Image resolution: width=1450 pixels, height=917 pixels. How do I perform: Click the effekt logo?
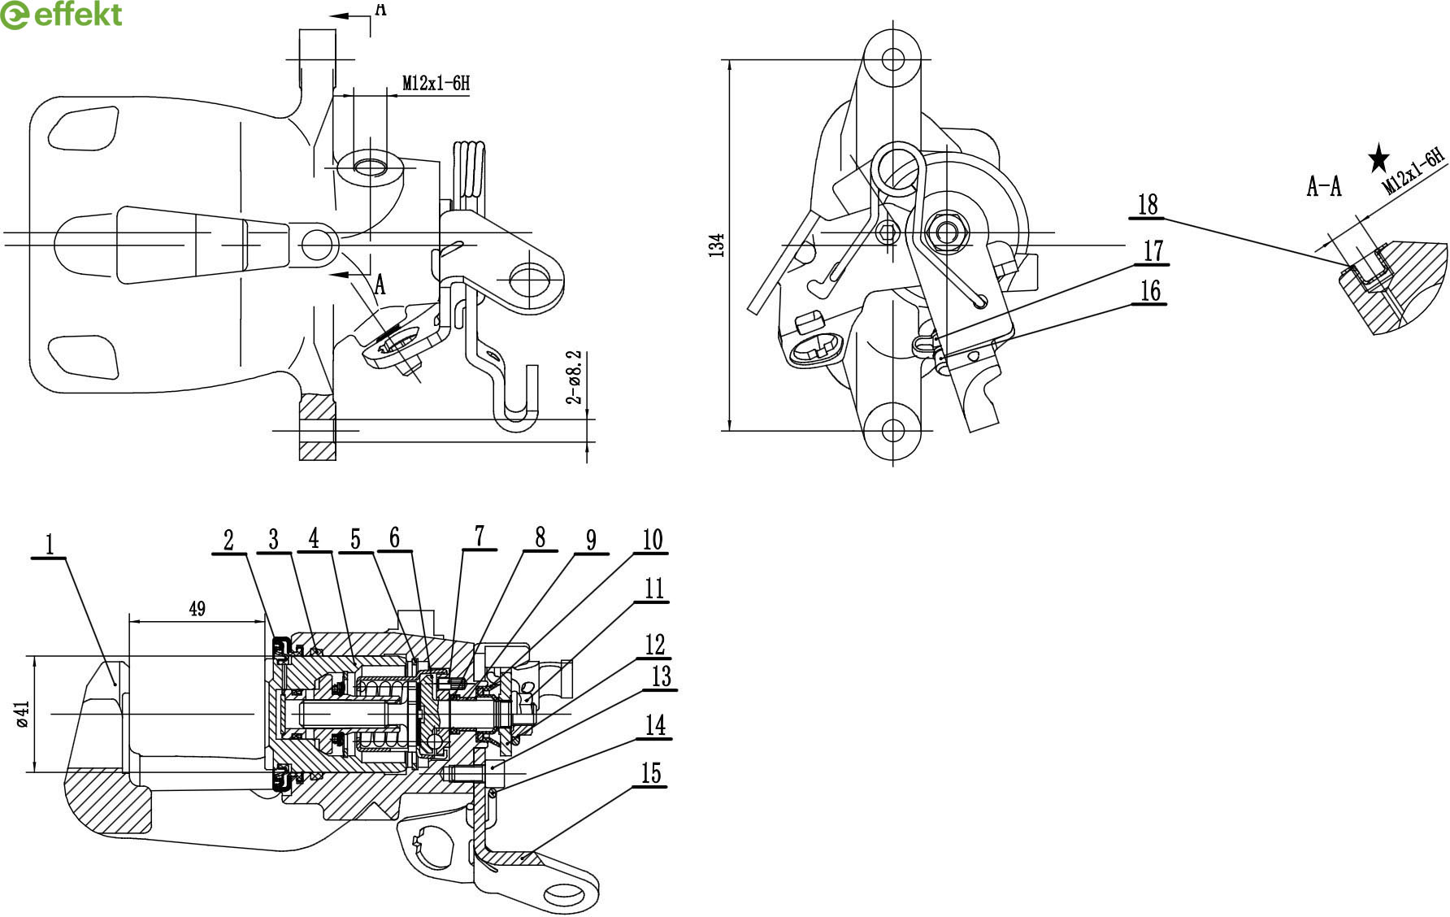point(61,15)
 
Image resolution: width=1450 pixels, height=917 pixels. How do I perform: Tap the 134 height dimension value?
point(717,245)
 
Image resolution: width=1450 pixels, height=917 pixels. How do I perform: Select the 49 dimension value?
point(197,608)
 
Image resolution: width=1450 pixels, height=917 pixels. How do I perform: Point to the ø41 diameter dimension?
point(23,714)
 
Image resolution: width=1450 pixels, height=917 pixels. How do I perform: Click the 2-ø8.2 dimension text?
point(575,377)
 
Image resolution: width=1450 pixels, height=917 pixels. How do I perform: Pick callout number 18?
point(1148,204)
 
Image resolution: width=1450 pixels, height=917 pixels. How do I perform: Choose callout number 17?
point(1153,251)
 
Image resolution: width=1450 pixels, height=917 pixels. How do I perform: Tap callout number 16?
point(1150,290)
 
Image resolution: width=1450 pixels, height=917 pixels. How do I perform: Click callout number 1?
point(50,544)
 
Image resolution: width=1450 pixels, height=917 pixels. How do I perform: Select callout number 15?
point(651,773)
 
